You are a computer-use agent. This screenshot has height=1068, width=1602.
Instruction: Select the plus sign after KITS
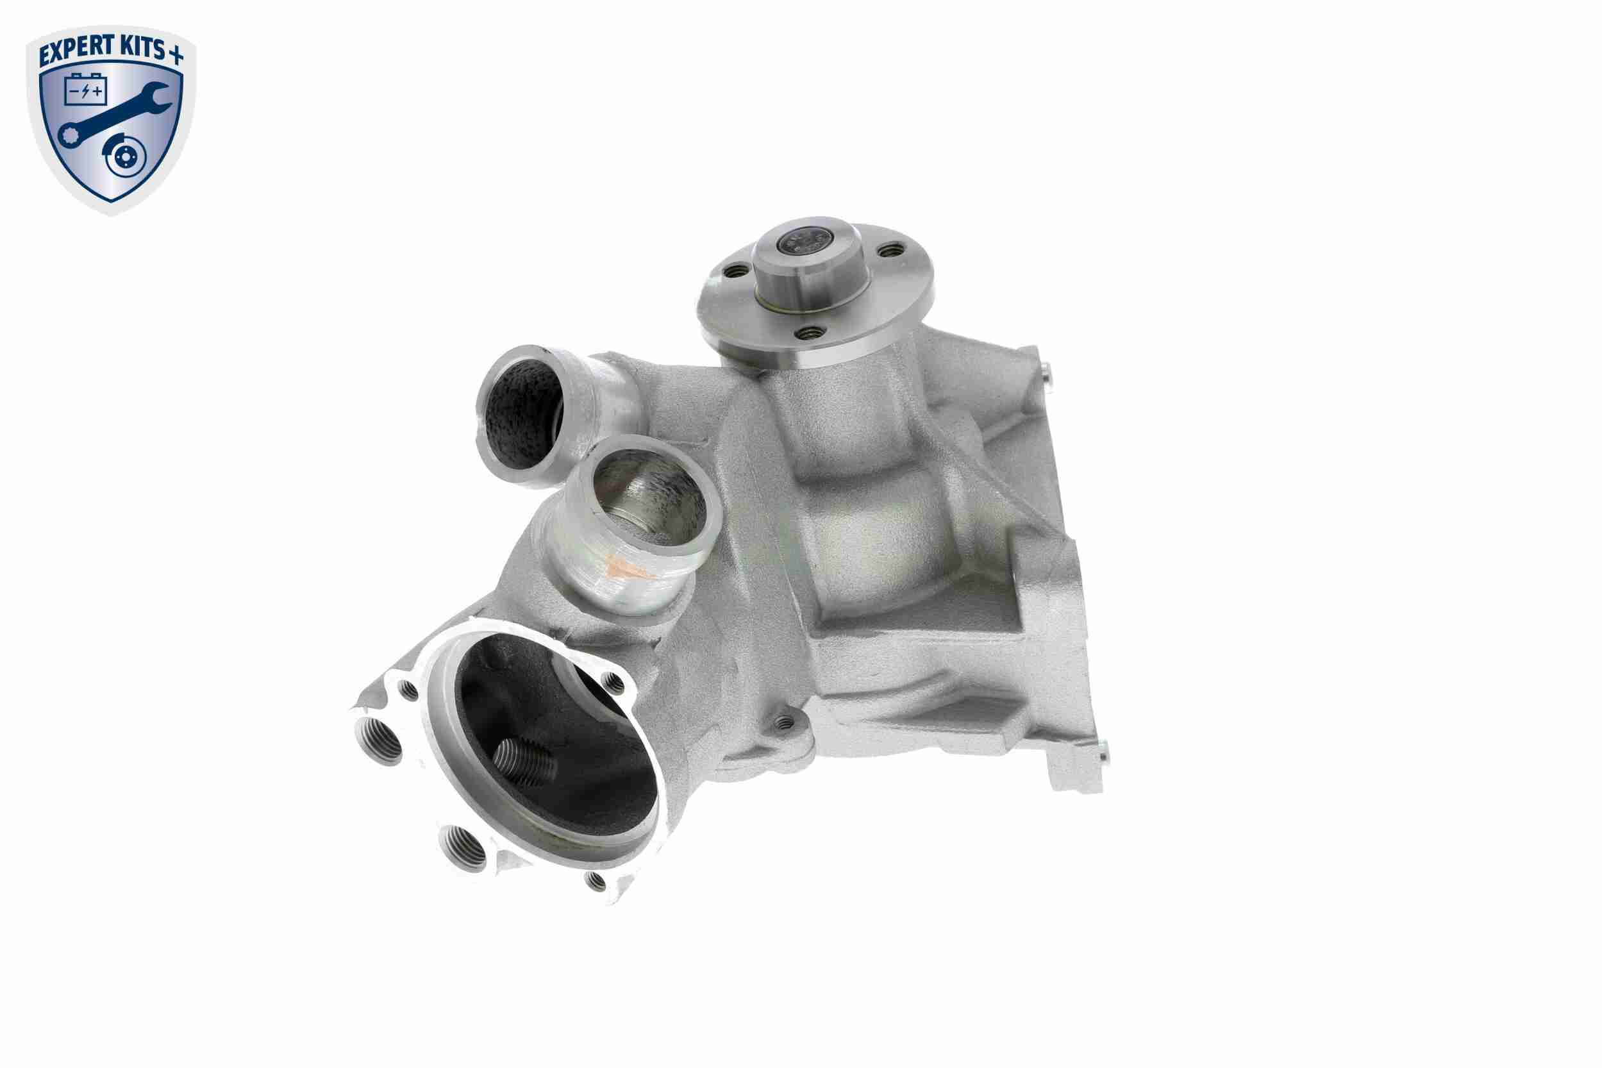pos(176,55)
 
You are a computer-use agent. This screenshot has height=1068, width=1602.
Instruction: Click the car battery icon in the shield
pos(86,89)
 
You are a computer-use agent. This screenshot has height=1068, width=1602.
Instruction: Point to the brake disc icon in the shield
pos(124,160)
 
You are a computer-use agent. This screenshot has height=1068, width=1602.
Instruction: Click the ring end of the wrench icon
pos(69,135)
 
